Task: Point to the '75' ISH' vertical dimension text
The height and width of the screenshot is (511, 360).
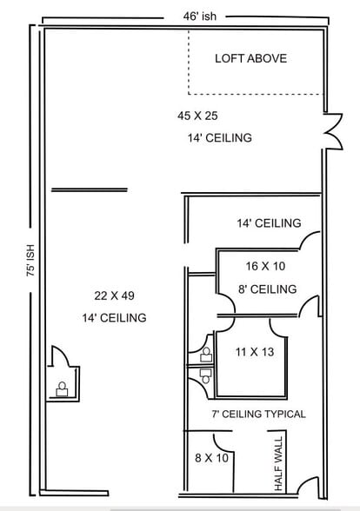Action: click(31, 259)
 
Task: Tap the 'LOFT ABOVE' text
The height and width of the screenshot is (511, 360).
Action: click(250, 59)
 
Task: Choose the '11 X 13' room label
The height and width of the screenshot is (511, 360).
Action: click(254, 352)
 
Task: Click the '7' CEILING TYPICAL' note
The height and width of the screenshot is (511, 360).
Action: click(257, 414)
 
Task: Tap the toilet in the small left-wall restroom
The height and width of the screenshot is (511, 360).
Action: click(62, 389)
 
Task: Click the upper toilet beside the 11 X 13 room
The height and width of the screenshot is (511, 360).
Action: click(206, 354)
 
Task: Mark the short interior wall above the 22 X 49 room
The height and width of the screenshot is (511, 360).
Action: click(89, 189)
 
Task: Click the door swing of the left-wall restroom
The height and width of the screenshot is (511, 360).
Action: click(59, 358)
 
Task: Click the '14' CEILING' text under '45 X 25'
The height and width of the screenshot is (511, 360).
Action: click(219, 138)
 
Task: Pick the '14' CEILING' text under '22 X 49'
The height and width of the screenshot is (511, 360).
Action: click(113, 317)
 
